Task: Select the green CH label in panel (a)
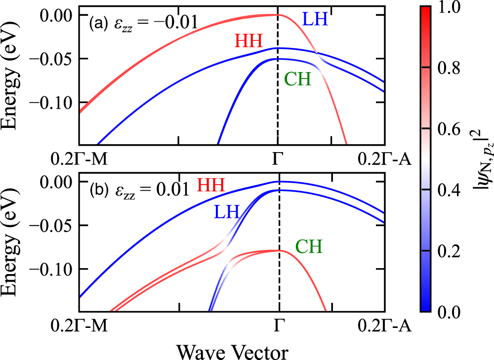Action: click(x=298, y=79)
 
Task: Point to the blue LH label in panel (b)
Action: click(x=226, y=212)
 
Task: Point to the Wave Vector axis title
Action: click(x=232, y=351)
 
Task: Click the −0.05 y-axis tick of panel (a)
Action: click(x=51, y=59)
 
